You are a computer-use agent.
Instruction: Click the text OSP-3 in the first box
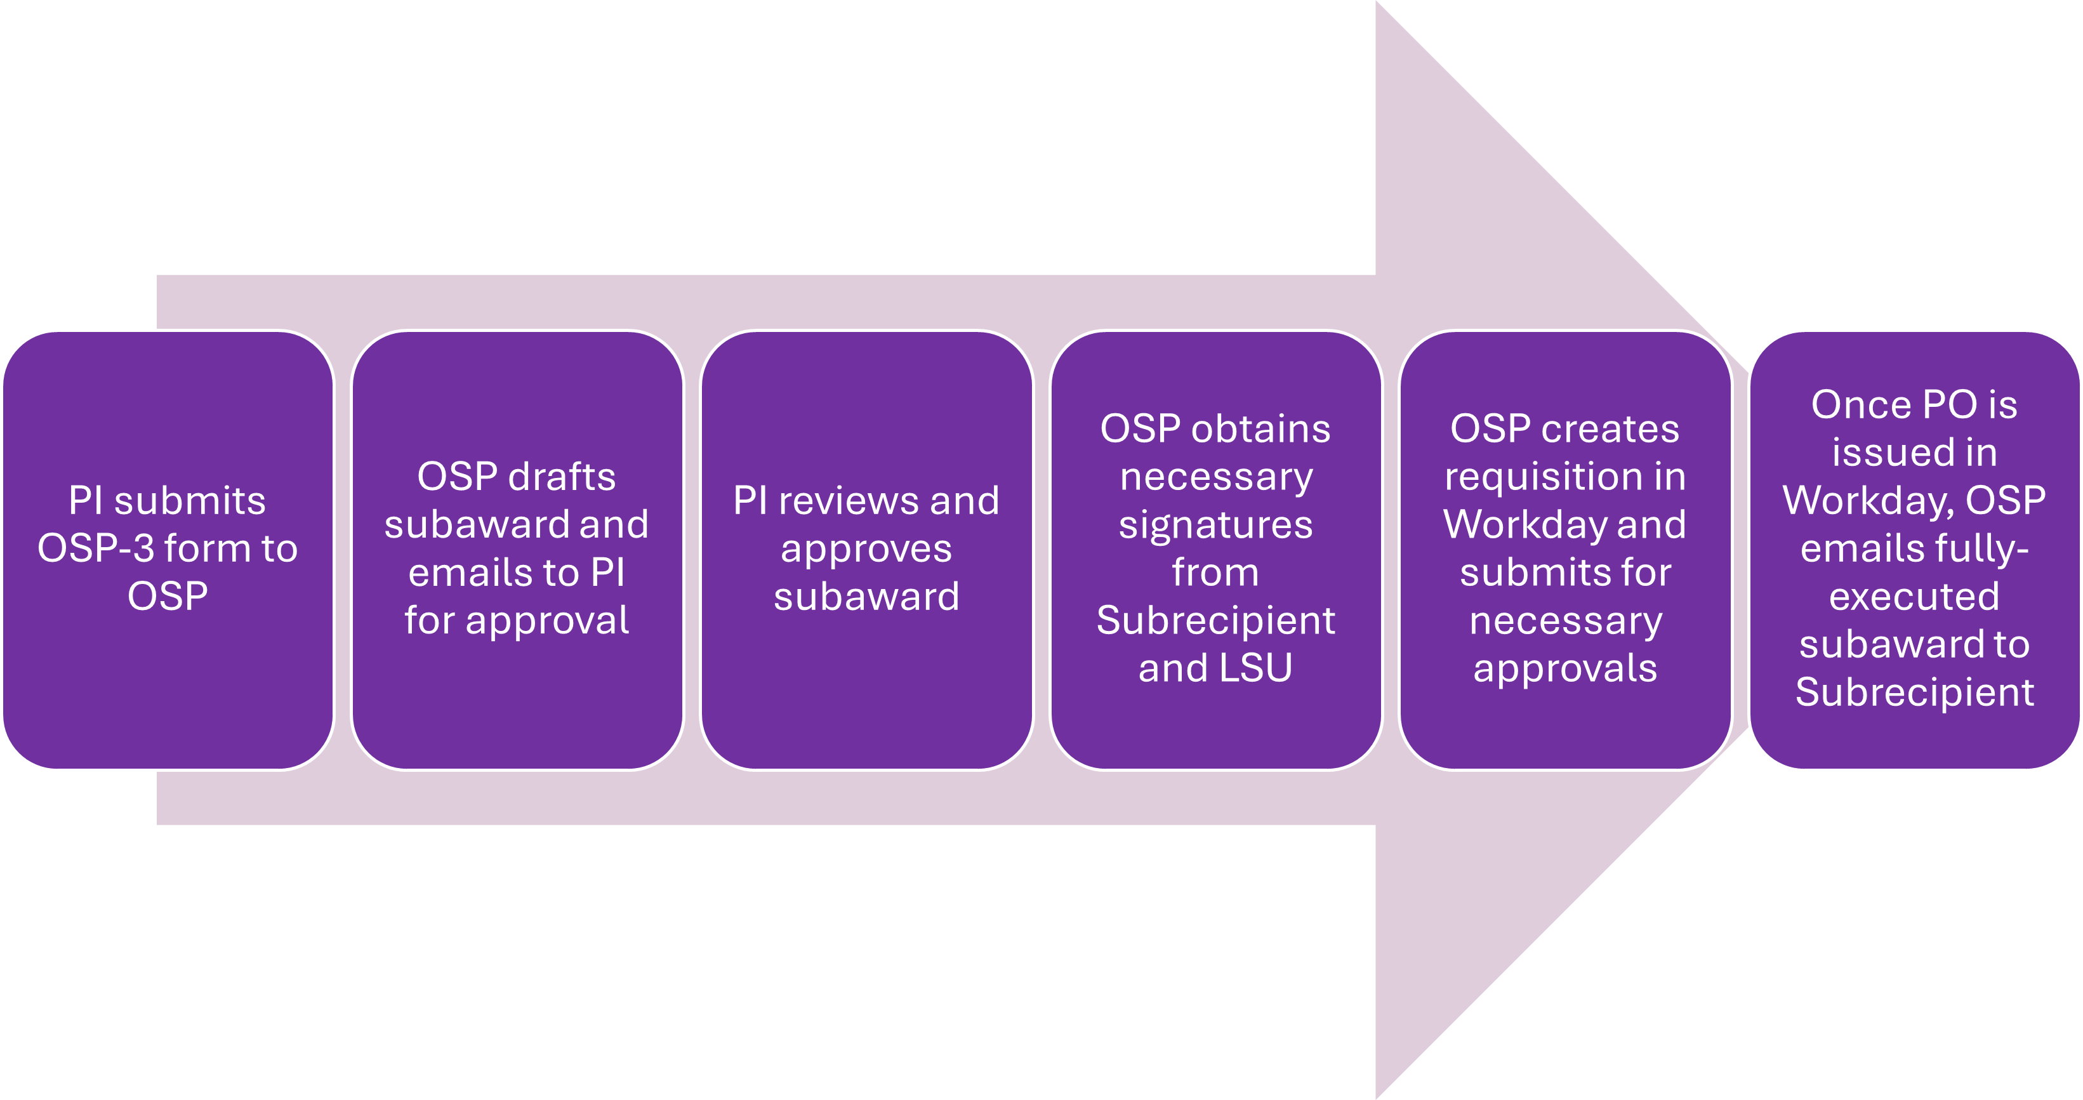coord(95,548)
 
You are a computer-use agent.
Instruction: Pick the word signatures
coord(1215,526)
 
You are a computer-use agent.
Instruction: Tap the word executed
coord(1914,597)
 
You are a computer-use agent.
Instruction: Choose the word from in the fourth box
coord(1215,573)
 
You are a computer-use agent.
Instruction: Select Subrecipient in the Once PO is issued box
coord(1914,693)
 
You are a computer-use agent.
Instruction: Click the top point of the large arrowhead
coord(1376,3)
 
